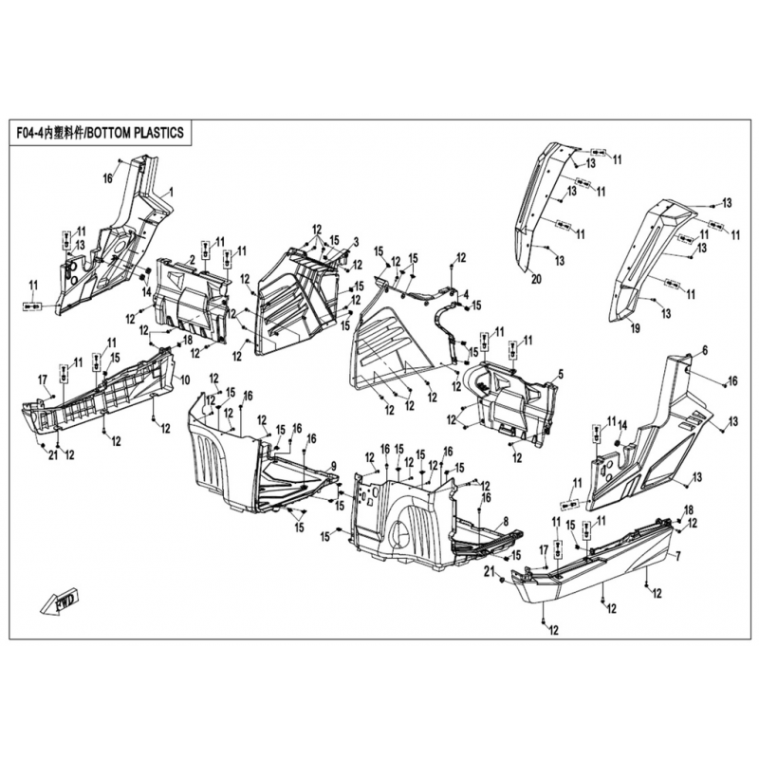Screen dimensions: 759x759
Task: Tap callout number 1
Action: click(x=171, y=193)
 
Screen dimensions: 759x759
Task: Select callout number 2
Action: click(x=192, y=258)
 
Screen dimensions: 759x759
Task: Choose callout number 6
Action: click(x=705, y=351)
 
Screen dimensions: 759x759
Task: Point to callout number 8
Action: click(x=506, y=521)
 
